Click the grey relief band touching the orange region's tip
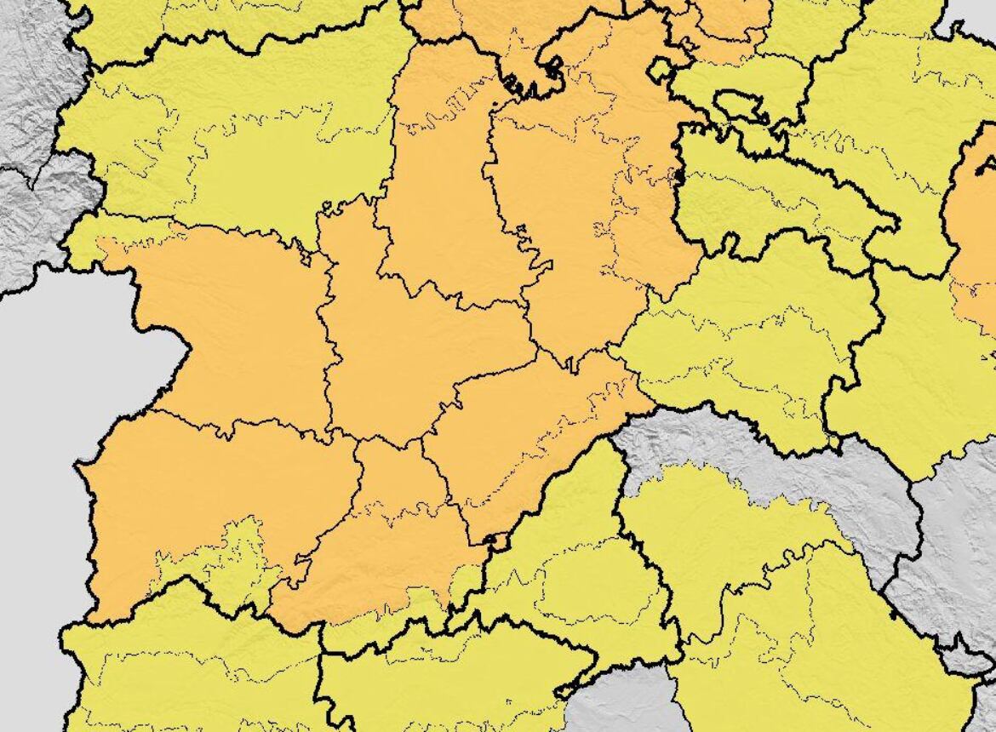click(766, 460)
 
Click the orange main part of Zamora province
click(238, 323)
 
